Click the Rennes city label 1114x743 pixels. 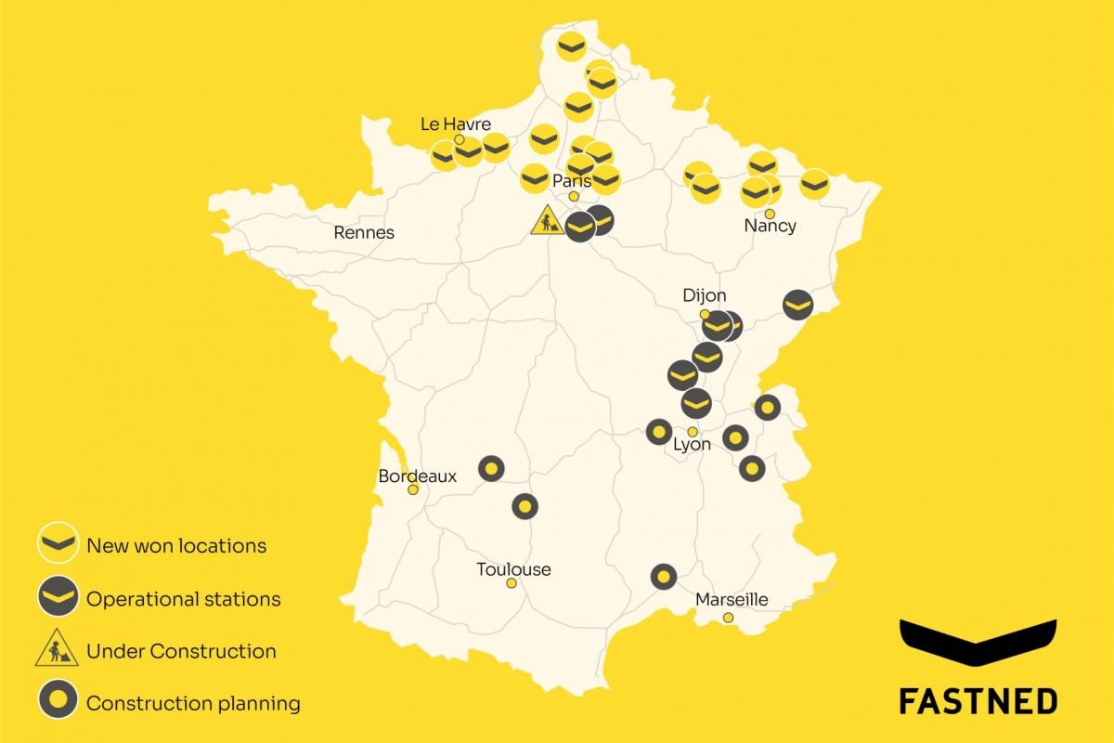pos(364,232)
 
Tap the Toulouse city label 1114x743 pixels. pos(513,569)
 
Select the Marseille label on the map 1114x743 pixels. pos(732,600)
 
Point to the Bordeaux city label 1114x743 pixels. pos(418,476)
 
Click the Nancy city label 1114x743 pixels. pos(770,226)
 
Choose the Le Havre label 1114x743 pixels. pos(455,124)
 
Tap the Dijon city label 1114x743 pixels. pos(705,295)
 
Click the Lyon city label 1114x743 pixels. pos(692,444)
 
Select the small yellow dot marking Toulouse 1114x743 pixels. pos(512,583)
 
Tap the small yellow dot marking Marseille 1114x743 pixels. pos(728,618)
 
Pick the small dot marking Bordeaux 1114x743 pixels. pos(413,489)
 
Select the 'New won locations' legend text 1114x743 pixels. pos(176,545)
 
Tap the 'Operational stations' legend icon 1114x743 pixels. pos(58,598)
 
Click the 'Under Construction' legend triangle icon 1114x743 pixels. pos(58,650)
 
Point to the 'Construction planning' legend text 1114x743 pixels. pos(193,703)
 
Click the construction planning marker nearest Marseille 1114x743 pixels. pos(663,577)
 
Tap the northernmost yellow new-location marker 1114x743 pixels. pos(571,46)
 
